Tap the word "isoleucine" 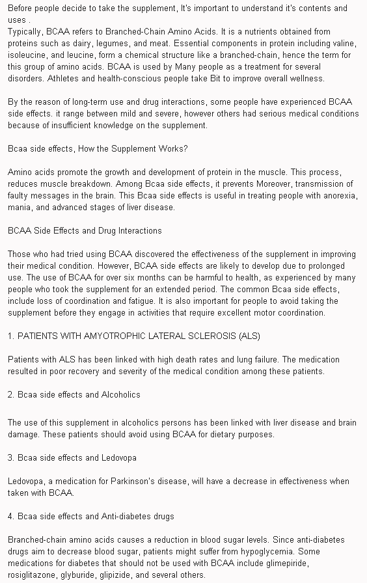pos(26,55)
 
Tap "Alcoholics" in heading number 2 pos(118,394)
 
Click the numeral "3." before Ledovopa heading pos(11,457)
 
